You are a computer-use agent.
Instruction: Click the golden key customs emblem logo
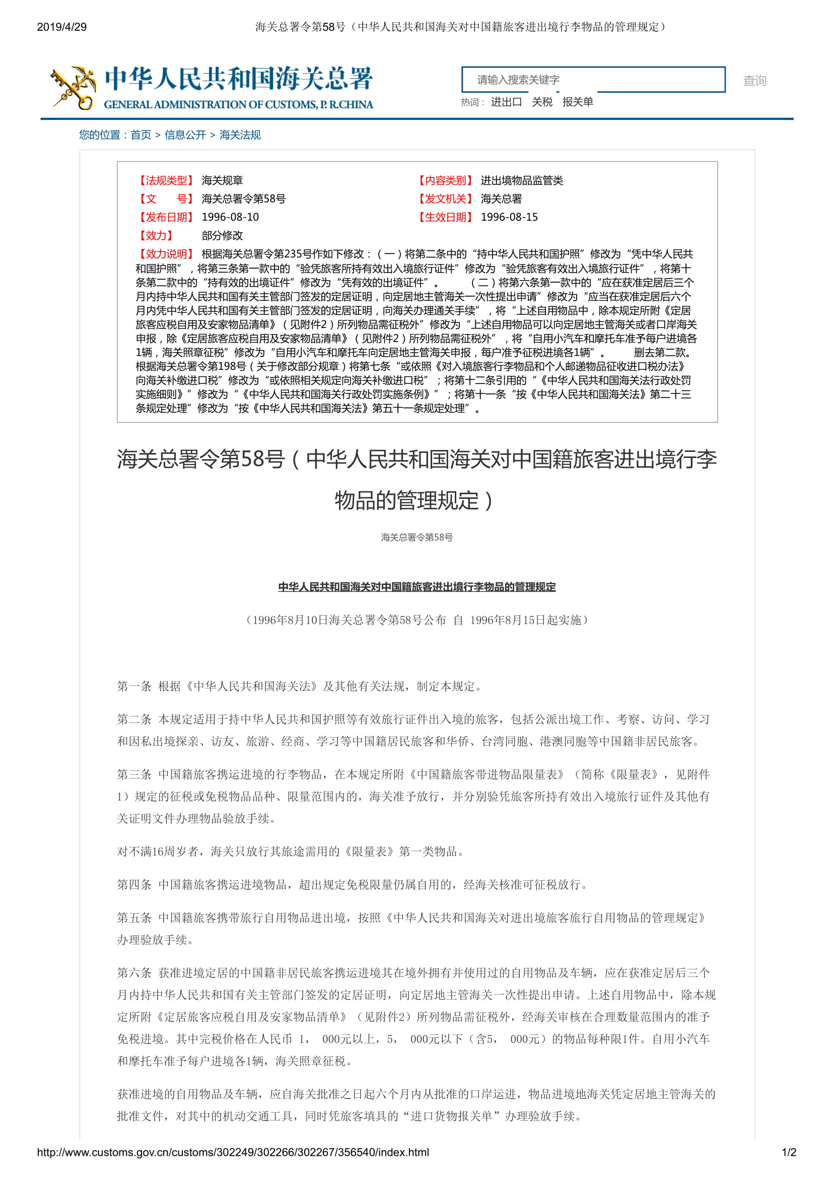tap(74, 87)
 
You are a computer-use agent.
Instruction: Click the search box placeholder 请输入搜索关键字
tap(518, 80)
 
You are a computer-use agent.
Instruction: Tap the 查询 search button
tap(754, 81)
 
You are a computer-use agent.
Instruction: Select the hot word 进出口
tap(506, 102)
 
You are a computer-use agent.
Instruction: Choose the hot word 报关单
tap(578, 102)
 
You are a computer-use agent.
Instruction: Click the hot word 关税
tap(541, 102)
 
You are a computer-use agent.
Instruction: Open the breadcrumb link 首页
tap(141, 135)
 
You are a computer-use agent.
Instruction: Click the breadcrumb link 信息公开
tap(185, 135)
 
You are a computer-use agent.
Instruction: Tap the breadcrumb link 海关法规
tap(240, 135)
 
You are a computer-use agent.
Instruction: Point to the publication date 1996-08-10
tap(230, 217)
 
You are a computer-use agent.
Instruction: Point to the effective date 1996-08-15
tap(509, 217)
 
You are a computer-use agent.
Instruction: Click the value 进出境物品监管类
tap(522, 180)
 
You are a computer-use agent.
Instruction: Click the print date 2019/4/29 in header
tap(61, 27)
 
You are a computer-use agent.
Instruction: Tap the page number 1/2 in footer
tap(789, 1152)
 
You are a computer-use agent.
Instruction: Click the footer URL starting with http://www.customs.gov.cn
tap(233, 1152)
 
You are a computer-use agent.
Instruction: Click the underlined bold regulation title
tap(416, 587)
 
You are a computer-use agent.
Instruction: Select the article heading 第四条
tap(134, 884)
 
